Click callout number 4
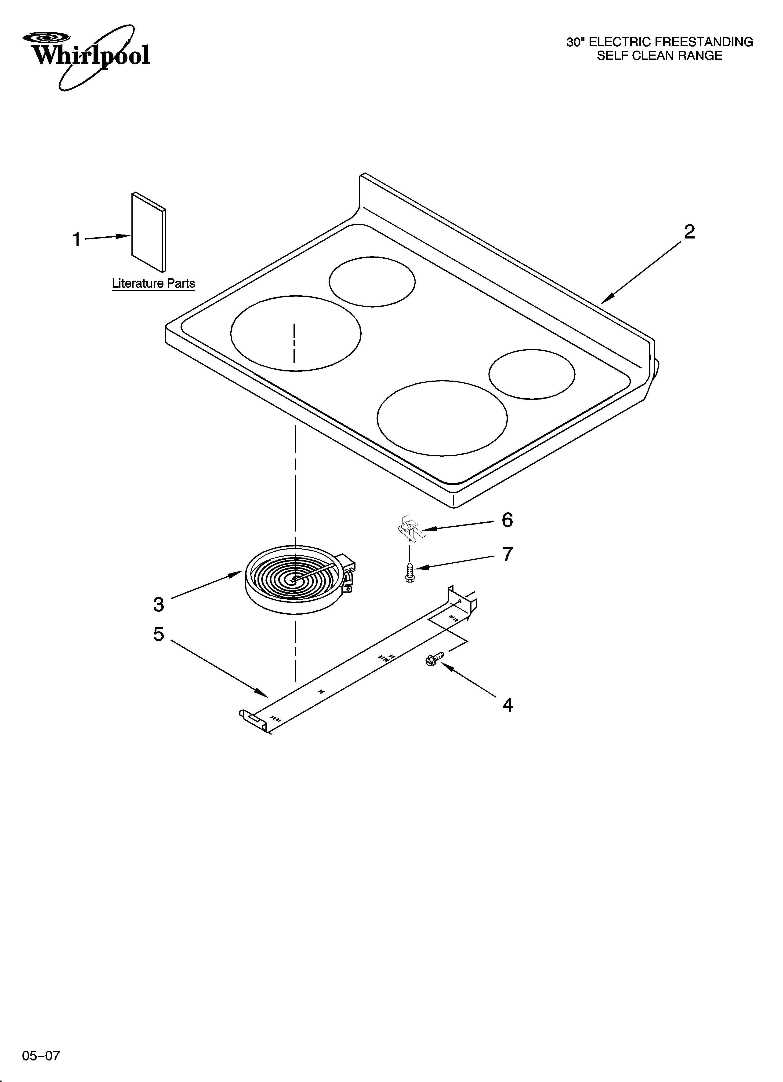pyautogui.click(x=507, y=705)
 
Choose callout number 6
pyautogui.click(x=507, y=520)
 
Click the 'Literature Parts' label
pyautogui.click(x=154, y=283)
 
